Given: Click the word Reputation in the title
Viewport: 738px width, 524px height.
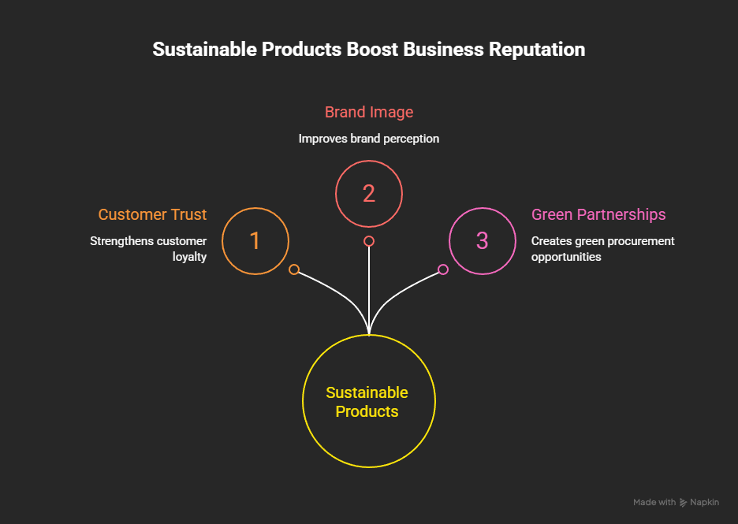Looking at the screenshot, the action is tap(537, 50).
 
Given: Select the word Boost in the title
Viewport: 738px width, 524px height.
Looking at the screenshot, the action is tap(372, 50).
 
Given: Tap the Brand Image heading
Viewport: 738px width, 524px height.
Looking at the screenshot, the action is tap(369, 112).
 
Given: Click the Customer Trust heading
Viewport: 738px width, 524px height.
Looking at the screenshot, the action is tap(152, 214).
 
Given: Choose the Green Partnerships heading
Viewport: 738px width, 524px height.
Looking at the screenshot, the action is tap(598, 214).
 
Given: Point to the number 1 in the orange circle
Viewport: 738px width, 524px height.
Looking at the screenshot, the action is tap(255, 241).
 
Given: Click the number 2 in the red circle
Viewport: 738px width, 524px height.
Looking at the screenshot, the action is tap(369, 193).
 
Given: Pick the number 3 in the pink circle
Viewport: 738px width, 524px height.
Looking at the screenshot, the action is tap(483, 241).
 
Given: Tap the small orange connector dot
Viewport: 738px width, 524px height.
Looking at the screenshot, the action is tap(294, 269).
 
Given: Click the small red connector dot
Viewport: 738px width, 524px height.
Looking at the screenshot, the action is tap(369, 241).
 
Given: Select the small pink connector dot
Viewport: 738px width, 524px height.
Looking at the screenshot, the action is tap(443, 269).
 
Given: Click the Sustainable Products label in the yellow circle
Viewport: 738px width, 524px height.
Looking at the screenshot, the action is tap(367, 402).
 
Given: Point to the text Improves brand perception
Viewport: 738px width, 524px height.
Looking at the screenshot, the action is tap(369, 139).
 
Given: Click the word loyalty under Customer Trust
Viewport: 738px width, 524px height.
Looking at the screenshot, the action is tap(189, 258).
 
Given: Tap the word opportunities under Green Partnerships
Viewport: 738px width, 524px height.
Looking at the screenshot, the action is tap(566, 258).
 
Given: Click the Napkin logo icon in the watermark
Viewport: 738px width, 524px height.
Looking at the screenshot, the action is tap(683, 503).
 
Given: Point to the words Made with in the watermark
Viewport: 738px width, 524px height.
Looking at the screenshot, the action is tap(654, 503).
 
